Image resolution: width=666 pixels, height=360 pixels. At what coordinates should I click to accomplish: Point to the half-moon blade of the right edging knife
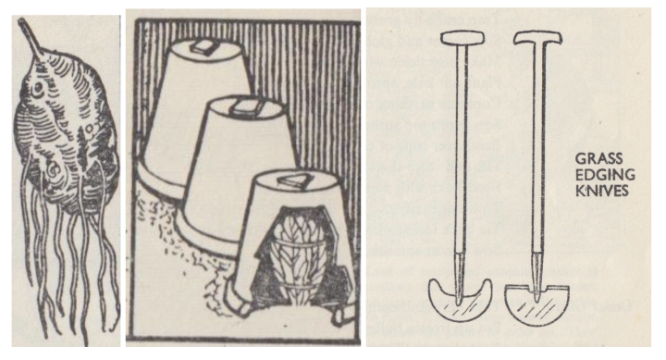point(536,304)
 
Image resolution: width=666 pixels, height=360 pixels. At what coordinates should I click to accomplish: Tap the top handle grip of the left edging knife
point(462,38)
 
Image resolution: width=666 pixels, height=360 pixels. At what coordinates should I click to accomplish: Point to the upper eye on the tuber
point(37,88)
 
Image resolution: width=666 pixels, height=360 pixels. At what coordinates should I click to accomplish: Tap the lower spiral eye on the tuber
point(55,171)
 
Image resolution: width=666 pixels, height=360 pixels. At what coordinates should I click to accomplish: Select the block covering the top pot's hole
point(202,47)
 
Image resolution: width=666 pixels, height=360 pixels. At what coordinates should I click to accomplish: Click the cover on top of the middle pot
point(244,107)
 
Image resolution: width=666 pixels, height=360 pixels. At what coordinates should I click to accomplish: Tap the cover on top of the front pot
point(292,180)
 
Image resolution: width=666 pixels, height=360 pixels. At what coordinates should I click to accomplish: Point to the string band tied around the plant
point(298,245)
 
